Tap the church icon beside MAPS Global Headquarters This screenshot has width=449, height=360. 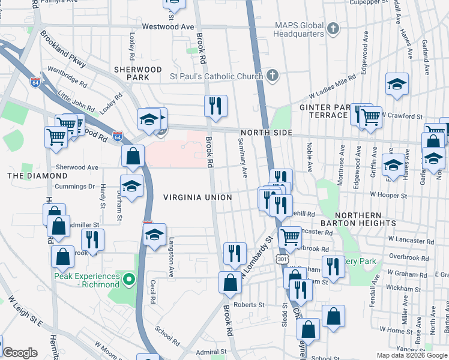click(333, 28)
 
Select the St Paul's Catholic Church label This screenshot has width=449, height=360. click(216, 76)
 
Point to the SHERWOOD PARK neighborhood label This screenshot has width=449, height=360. click(138, 73)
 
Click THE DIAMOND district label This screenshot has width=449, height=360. click(37, 176)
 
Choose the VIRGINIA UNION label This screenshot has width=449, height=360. click(197, 197)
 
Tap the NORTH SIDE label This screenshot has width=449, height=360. click(267, 133)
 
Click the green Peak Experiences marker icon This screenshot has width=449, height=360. click(128, 279)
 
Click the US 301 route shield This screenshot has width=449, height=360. click(282, 259)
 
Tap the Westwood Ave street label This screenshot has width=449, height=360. click(168, 27)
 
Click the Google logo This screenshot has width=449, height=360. click(20, 353)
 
